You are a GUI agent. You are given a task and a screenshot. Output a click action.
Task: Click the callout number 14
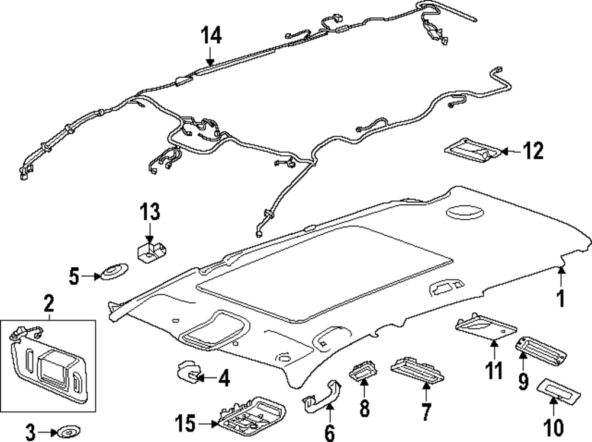(211, 35)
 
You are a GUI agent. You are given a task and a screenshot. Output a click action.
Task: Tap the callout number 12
(533, 150)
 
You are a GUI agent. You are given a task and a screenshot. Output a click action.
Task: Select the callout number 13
(150, 212)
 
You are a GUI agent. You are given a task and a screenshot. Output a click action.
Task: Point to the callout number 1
(561, 298)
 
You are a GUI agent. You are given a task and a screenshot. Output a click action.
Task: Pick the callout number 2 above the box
(49, 303)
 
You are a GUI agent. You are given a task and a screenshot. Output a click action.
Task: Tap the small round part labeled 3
(68, 431)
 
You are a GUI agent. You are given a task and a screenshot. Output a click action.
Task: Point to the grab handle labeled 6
(322, 396)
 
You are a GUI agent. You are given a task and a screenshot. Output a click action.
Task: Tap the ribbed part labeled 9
(541, 351)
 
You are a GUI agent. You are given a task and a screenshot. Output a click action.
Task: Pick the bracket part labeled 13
(152, 252)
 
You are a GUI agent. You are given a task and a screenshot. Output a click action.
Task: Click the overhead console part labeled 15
(252, 417)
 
